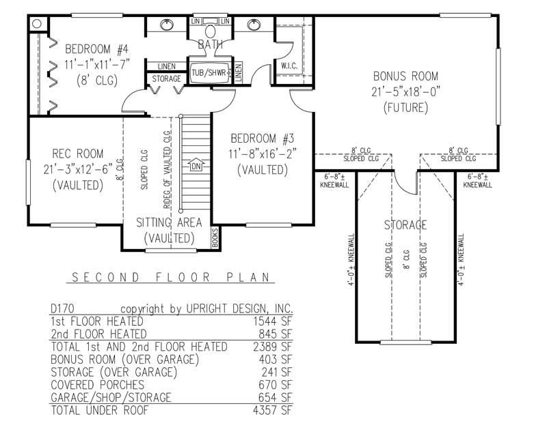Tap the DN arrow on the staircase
pyautogui.click(x=197, y=166)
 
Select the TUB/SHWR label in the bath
pyautogui.click(x=209, y=73)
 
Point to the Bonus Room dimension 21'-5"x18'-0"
pyautogui.click(x=405, y=91)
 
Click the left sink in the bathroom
pyautogui.click(x=166, y=25)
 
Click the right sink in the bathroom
pyautogui.click(x=254, y=25)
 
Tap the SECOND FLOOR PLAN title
pyautogui.click(x=171, y=278)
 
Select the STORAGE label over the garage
pyautogui.click(x=405, y=225)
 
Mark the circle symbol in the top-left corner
pyautogui.click(x=37, y=23)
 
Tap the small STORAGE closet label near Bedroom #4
pyautogui.click(x=167, y=80)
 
